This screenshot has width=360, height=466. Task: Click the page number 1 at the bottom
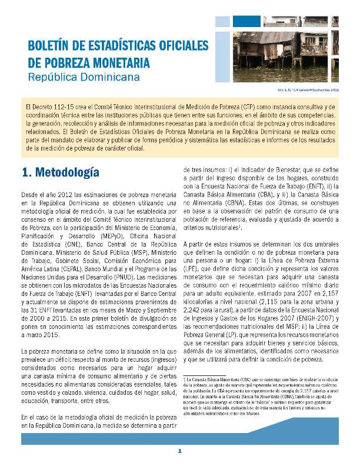pos(180,451)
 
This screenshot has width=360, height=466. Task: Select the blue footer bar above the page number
pos(180,438)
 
